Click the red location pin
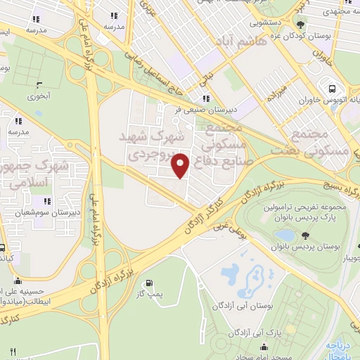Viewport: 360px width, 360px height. click(181, 166)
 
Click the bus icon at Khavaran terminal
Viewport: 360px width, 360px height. click(333, 89)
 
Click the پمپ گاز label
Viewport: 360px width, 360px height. click(151, 292)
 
